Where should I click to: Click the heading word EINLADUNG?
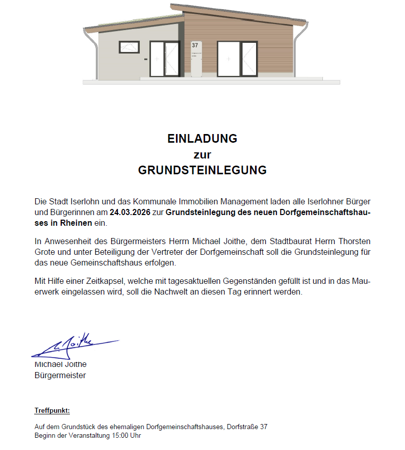(x=202, y=139)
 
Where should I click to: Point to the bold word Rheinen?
(x=78, y=224)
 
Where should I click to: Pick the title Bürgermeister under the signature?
(x=60, y=376)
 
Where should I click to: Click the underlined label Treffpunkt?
(x=52, y=410)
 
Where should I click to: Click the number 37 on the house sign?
(x=195, y=45)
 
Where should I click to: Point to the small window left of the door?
(x=129, y=47)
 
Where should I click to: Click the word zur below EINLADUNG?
(x=202, y=154)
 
